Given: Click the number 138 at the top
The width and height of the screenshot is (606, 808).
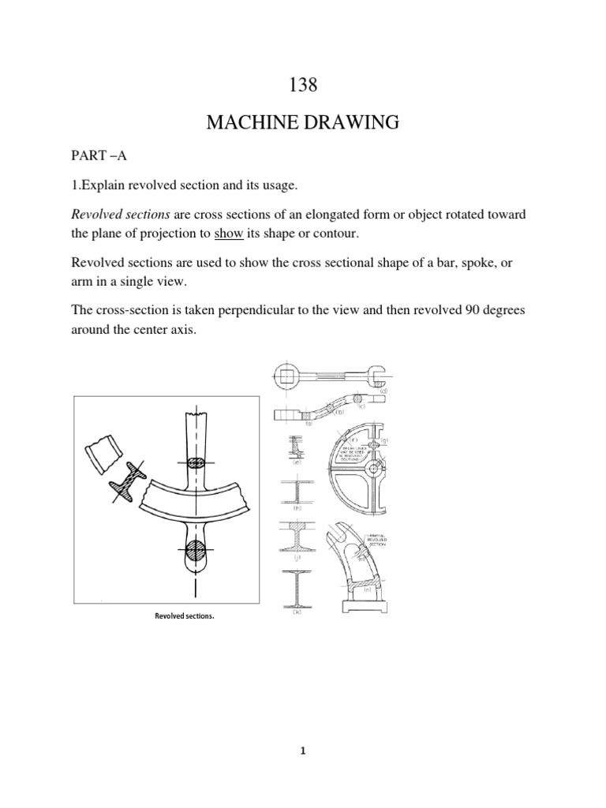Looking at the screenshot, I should click(x=303, y=85).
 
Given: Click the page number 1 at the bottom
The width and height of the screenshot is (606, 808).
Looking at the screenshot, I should click(x=303, y=752).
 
